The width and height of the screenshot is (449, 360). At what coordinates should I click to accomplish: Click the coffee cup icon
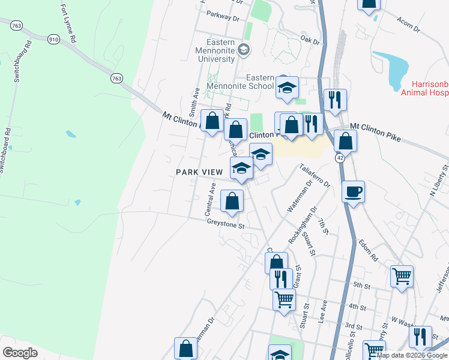click(353, 192)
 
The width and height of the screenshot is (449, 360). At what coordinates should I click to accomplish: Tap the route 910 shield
click(54, 40)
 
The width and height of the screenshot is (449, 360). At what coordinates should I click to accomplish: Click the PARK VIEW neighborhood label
click(199, 172)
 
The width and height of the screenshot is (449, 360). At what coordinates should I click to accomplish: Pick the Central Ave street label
click(210, 200)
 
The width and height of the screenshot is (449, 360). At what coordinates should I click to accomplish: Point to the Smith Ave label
click(193, 101)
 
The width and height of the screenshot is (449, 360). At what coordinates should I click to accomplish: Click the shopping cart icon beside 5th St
click(402, 276)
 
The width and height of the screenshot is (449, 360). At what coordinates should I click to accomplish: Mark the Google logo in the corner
click(20, 353)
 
